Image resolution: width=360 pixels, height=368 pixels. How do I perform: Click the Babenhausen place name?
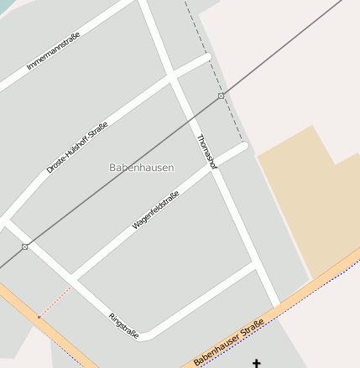[142, 168]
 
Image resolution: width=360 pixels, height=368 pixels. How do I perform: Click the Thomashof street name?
[206, 153]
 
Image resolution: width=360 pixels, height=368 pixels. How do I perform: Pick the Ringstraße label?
[123, 325]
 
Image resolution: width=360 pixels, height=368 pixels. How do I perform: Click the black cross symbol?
[257, 363]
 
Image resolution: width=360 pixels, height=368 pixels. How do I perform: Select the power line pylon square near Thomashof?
[221, 96]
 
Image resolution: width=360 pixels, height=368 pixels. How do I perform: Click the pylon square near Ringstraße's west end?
[25, 246]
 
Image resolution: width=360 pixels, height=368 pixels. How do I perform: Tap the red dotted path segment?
[54, 304]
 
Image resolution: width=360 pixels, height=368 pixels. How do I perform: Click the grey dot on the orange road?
[38, 318]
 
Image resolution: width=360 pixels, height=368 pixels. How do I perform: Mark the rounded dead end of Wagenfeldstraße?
[245, 146]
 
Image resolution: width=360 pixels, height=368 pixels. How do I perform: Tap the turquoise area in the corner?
[7, 5]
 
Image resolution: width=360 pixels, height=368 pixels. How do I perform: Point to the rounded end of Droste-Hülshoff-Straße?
[207, 57]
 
